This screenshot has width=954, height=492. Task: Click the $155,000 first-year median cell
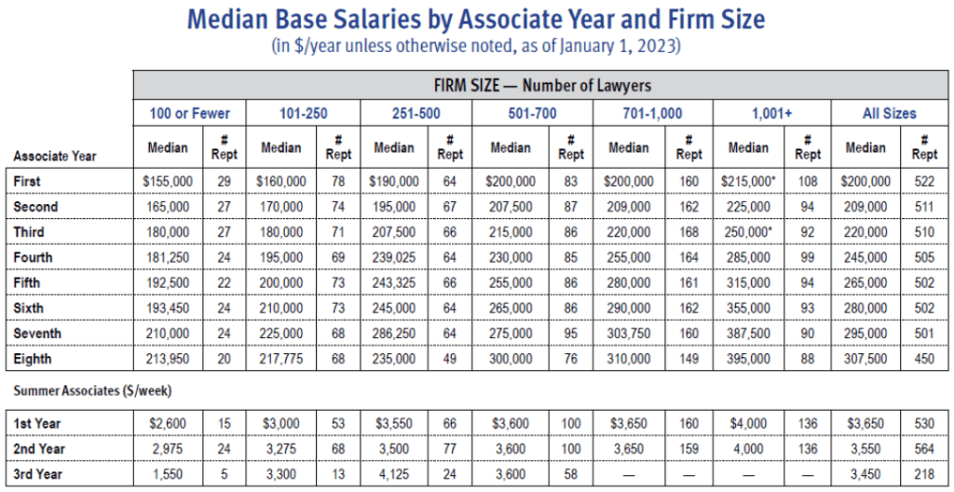169,181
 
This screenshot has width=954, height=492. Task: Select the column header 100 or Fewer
190,114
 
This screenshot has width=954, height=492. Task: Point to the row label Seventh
36,334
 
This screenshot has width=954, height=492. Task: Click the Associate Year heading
55,156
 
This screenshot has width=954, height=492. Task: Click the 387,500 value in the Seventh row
748,334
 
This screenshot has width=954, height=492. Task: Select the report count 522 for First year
924,181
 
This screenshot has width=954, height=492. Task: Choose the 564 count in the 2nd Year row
924,449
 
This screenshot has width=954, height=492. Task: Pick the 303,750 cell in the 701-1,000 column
629,334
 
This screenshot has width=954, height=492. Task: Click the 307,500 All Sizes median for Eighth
865,359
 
